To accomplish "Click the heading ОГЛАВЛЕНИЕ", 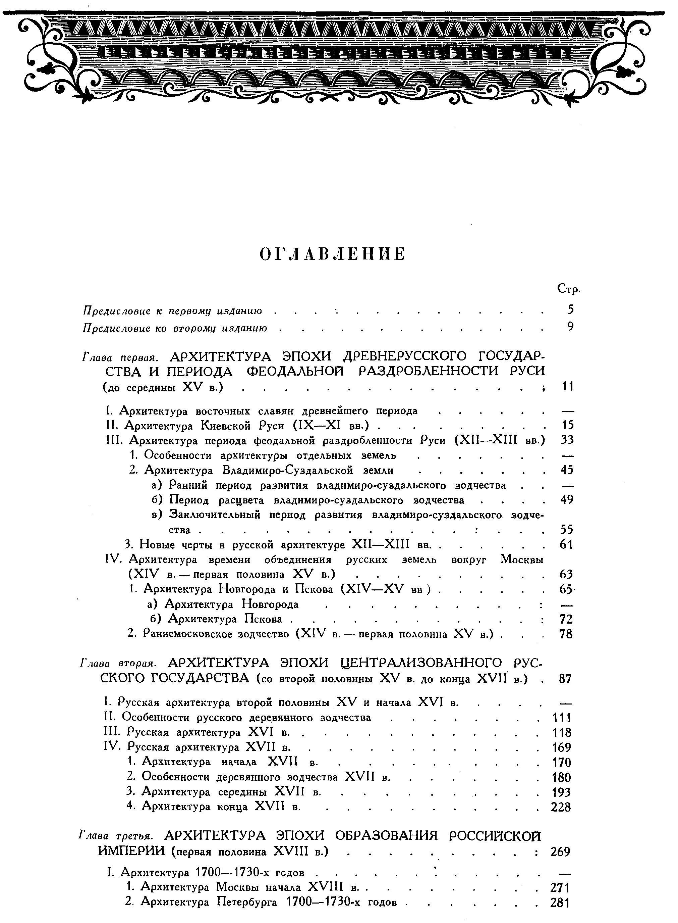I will [333, 254].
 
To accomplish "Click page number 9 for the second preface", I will [570, 327].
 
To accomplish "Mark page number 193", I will [561, 792].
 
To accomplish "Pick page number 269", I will [560, 852].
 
